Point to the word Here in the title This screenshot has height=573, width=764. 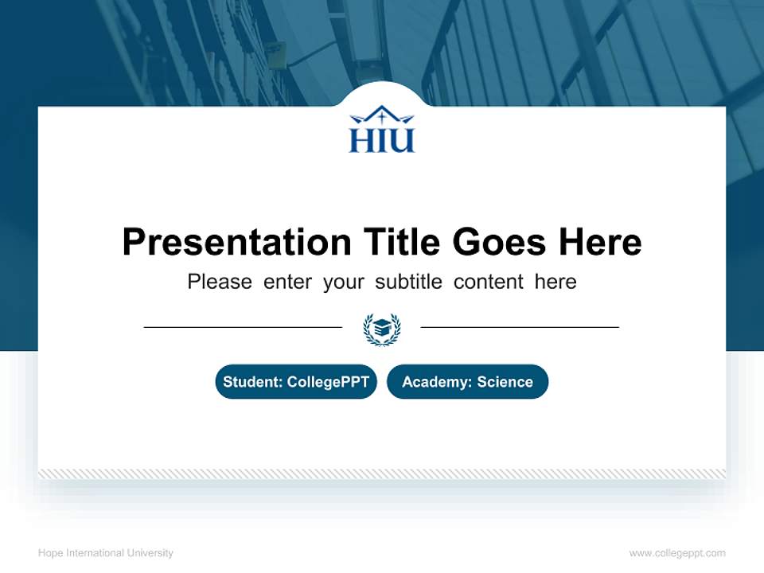pos(598,242)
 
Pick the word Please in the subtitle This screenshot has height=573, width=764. pos(220,282)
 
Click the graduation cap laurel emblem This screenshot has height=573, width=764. pos(382,328)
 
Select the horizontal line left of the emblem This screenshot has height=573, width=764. pos(243,326)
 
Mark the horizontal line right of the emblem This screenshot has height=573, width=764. pos(520,326)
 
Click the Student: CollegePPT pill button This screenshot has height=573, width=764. pos(296,382)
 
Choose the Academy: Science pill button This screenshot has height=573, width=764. pos(467,382)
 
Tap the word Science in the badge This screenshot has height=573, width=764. pos(505,382)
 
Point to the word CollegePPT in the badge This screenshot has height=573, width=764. pos(328,382)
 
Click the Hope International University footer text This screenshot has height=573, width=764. pos(105,553)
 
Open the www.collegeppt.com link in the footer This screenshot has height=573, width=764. pos(677,553)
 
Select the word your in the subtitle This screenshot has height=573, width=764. pos(343,282)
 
